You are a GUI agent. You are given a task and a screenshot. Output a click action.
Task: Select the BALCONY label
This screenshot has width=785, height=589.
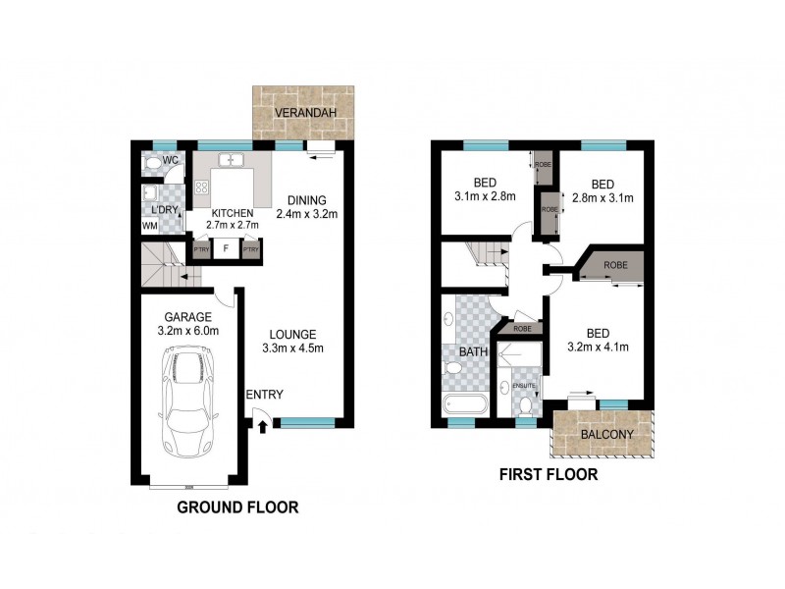coord(603,434)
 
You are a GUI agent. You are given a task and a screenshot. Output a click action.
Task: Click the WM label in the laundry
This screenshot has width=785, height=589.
coord(149,226)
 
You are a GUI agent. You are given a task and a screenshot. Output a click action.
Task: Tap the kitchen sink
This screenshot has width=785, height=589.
coord(233,160)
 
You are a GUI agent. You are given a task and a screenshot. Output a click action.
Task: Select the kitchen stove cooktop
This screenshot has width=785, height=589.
coord(203,187)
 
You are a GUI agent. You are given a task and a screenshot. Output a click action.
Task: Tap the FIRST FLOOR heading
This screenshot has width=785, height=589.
coord(549,475)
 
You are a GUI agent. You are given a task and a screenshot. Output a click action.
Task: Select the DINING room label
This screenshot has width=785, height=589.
coord(307,198)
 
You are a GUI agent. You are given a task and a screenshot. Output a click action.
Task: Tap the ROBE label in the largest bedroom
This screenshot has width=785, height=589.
coord(616,265)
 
